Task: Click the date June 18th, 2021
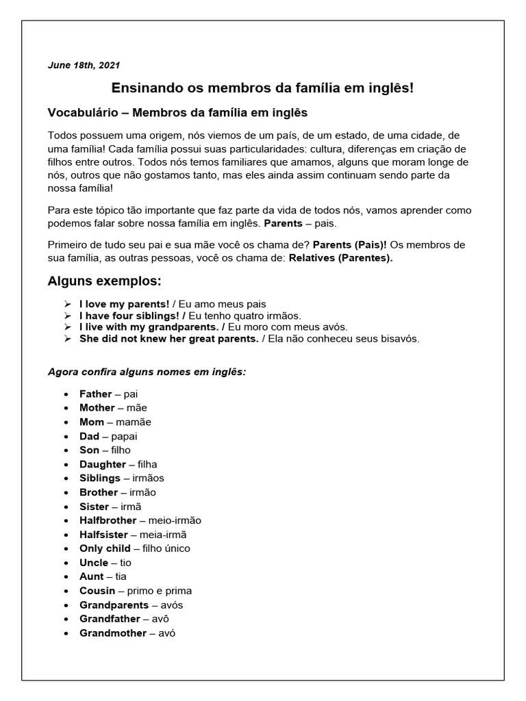point(84,65)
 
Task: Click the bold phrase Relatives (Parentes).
point(341,258)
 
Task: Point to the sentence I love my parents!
point(124,304)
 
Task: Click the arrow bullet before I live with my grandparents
point(67,327)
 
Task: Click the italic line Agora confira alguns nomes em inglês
point(147,372)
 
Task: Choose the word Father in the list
point(95,394)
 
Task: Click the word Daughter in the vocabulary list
point(103,464)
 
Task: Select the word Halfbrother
point(108,520)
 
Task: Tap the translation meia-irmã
point(163,535)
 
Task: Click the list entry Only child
point(105,548)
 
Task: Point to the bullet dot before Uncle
point(65,563)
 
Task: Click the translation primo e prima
point(164,591)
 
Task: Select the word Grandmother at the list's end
point(113,633)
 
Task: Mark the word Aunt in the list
point(92,576)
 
